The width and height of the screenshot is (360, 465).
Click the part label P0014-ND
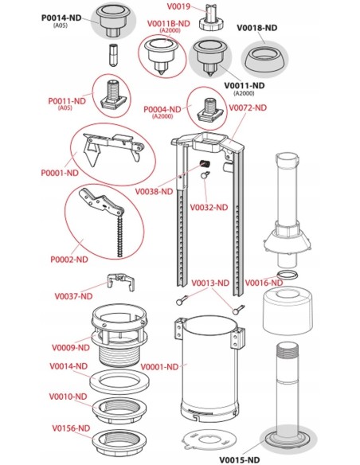pos(61,18)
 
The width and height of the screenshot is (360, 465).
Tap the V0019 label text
pos(178,6)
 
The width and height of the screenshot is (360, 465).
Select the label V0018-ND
pos(256,28)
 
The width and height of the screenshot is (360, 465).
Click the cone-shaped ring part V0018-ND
pos(264,59)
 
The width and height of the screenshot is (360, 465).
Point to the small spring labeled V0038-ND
pos(205,163)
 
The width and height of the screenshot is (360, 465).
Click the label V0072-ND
pos(248,107)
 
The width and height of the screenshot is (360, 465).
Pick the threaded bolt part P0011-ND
pos(115,94)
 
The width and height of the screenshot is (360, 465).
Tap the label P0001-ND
pos(60,173)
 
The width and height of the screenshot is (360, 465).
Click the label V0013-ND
pos(210,283)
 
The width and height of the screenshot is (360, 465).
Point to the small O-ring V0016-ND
pos(287,275)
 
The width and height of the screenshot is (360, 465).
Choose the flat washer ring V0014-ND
pos(119,382)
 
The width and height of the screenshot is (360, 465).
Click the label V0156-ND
pos(71,428)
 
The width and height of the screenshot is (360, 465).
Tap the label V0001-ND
pos(159,367)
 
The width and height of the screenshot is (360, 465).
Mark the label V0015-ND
pos(239,460)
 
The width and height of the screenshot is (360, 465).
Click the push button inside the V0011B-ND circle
pos(161,57)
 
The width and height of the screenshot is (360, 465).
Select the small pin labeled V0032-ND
pos(205,175)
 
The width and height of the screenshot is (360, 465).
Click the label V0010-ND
pos(68,397)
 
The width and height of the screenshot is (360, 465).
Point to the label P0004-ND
pos(162,109)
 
